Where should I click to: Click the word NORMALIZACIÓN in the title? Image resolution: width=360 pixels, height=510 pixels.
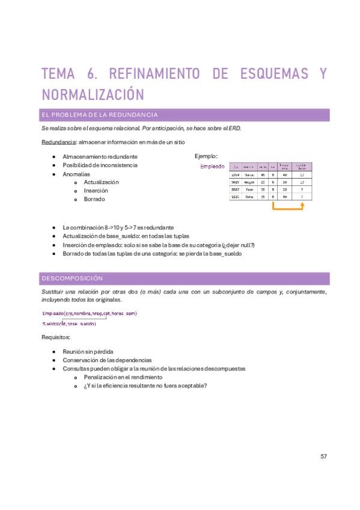point(93,95)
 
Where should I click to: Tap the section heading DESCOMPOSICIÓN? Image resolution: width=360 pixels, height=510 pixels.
point(72,278)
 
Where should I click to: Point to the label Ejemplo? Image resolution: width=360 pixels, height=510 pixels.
point(206,156)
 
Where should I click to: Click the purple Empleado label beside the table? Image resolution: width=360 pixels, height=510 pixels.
point(212,167)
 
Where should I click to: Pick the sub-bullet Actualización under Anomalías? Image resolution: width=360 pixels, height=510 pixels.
point(101,182)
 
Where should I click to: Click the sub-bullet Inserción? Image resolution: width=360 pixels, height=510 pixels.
point(96,190)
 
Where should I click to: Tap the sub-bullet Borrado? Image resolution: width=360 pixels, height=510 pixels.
point(94,198)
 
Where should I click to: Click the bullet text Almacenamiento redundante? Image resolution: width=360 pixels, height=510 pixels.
point(100,156)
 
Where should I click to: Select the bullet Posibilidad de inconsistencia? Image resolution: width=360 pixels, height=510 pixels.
point(100,165)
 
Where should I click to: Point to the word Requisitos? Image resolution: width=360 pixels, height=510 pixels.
point(56,337)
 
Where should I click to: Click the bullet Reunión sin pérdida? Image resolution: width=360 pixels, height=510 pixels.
point(88,351)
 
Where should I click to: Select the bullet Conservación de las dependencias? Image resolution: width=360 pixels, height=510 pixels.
point(103,360)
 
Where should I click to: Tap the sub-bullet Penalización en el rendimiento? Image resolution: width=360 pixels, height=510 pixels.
point(123,376)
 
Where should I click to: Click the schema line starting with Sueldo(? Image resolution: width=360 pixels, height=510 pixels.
point(69,324)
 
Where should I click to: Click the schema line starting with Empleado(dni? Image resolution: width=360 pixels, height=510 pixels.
point(90,313)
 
